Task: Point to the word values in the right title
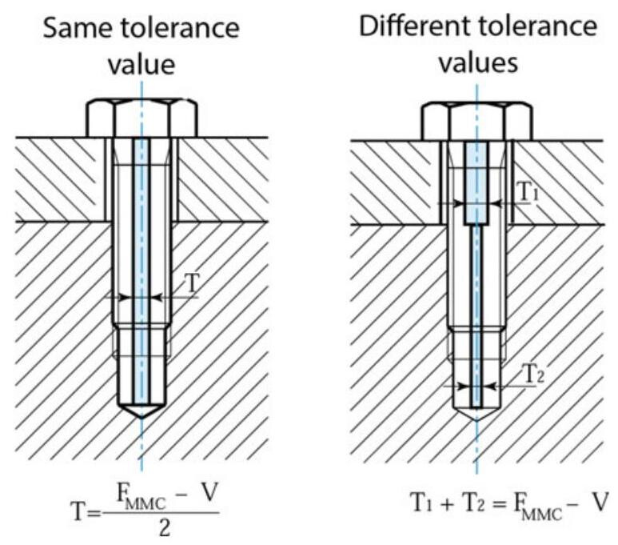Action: [x=476, y=62]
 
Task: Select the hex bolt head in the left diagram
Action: [x=140, y=119]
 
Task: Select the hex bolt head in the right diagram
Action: [x=476, y=119]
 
